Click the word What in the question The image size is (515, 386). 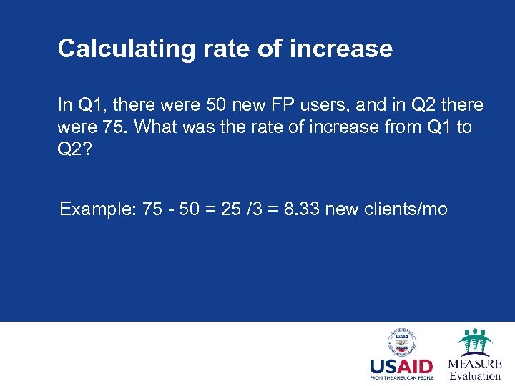click(152, 127)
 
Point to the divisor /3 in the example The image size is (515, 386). click(255, 209)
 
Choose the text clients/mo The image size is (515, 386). click(409, 209)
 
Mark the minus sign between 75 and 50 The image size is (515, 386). click(170, 209)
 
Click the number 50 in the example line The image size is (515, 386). click(189, 209)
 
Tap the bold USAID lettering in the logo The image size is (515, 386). click(401, 366)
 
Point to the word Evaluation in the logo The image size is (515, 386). click(475, 375)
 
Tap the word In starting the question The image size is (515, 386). click(64, 105)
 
